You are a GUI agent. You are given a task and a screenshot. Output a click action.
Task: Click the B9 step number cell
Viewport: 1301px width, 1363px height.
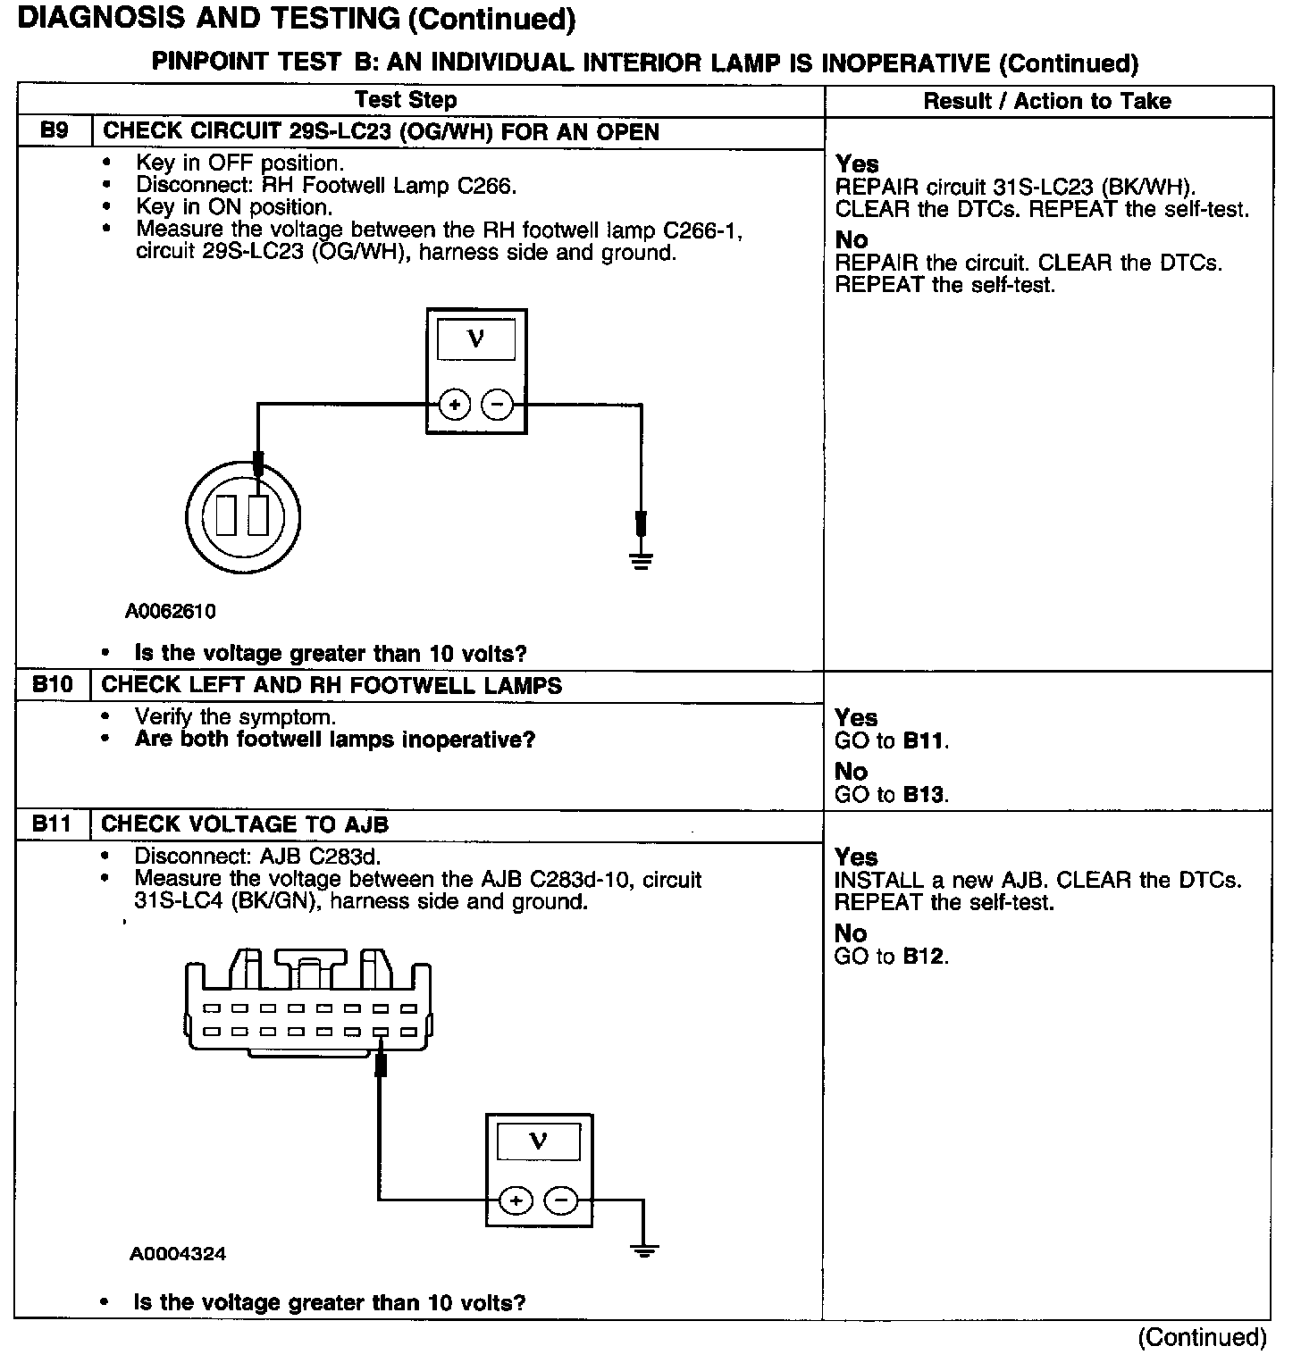point(55,131)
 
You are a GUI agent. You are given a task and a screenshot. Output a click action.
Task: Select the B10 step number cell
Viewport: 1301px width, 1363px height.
point(53,685)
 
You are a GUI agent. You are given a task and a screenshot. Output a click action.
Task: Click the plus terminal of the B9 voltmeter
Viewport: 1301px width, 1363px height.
point(455,406)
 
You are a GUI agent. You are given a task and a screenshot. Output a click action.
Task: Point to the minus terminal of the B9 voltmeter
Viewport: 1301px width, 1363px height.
point(497,406)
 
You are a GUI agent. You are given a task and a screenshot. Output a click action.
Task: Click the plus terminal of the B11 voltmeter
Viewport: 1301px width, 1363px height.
point(516,1200)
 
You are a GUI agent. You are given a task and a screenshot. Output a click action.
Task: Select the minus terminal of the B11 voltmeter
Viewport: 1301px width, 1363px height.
point(561,1200)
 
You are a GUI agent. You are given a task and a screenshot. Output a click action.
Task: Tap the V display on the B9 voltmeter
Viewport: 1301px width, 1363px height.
point(476,339)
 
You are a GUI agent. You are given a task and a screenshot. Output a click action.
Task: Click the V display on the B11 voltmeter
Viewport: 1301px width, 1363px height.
point(538,1141)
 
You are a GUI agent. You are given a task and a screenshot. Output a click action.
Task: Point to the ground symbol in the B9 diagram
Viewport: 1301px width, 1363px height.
point(641,560)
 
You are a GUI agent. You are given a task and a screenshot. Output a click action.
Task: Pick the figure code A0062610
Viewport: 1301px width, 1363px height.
point(171,612)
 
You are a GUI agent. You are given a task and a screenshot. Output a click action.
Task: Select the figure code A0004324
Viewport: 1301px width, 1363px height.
point(178,1254)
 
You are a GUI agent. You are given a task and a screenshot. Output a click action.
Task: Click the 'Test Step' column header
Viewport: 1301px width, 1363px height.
point(406,100)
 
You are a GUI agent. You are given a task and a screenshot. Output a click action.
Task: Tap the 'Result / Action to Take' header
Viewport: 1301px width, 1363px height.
point(1046,101)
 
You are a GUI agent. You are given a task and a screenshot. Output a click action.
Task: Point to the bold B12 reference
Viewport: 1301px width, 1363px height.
point(924,957)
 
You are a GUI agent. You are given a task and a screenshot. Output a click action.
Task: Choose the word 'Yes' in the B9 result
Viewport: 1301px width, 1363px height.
point(857,164)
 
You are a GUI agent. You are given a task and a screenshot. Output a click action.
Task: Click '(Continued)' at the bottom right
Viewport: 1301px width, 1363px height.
point(1202,1337)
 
